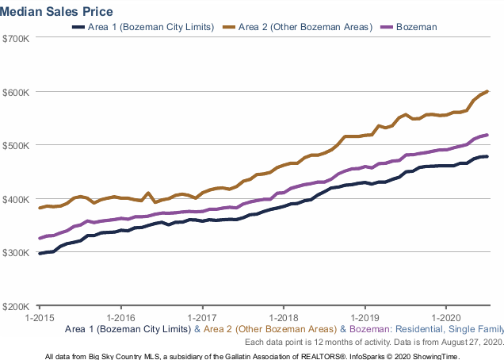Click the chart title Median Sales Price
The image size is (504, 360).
57,11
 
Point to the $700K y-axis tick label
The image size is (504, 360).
17,39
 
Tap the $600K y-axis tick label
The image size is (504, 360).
17,92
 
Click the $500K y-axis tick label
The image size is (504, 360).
17,145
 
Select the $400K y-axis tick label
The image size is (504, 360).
17,199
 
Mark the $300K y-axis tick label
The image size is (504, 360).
17,252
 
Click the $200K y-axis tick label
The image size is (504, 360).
17,306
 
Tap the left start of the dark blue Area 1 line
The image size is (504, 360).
40,254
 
